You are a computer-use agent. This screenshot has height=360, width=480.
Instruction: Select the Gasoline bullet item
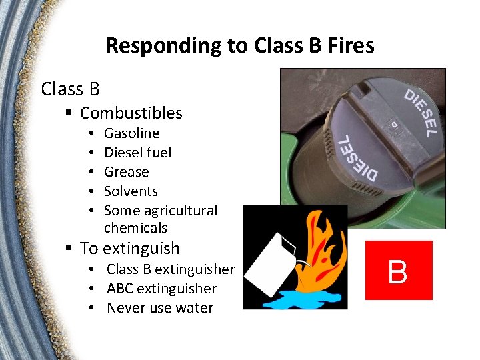click(x=132, y=133)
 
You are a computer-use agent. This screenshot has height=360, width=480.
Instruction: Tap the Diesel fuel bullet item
click(x=138, y=153)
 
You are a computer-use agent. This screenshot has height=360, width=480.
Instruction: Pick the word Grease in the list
click(x=127, y=172)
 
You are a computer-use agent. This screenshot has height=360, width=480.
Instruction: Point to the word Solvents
click(x=131, y=191)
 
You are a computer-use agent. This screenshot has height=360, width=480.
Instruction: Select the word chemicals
click(x=136, y=228)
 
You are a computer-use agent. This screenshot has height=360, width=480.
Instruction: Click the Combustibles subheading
click(x=131, y=113)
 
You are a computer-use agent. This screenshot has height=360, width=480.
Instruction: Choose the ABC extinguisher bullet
click(x=162, y=289)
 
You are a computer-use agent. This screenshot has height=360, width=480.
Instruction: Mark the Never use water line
click(x=160, y=308)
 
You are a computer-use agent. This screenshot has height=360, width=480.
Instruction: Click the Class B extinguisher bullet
click(x=171, y=269)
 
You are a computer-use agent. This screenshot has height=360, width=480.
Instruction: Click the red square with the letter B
click(x=399, y=270)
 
